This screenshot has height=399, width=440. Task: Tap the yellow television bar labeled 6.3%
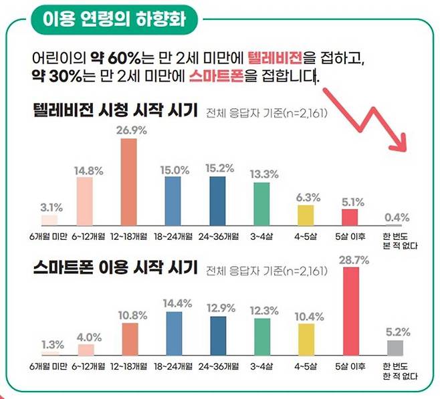(306, 216)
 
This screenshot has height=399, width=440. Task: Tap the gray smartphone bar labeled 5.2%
(395, 348)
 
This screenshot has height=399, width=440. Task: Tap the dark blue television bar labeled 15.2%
(217, 202)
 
